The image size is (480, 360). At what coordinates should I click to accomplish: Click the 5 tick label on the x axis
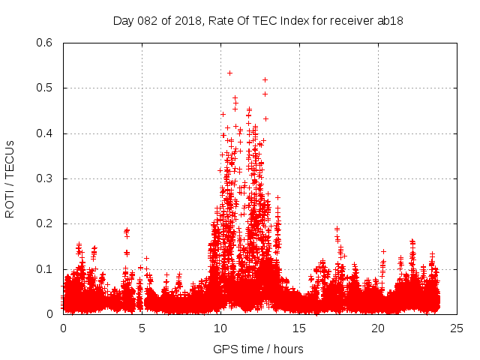142,328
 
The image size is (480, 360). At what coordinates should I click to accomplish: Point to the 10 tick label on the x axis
220,328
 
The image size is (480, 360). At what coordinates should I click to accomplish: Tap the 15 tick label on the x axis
299,328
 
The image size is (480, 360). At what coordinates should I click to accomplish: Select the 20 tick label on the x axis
378,328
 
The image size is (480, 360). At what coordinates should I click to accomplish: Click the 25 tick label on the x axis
457,328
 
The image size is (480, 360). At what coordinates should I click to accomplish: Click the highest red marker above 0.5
229,73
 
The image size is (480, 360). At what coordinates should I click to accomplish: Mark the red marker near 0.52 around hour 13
265,79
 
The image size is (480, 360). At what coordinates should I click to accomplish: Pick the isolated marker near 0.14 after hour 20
383,251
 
